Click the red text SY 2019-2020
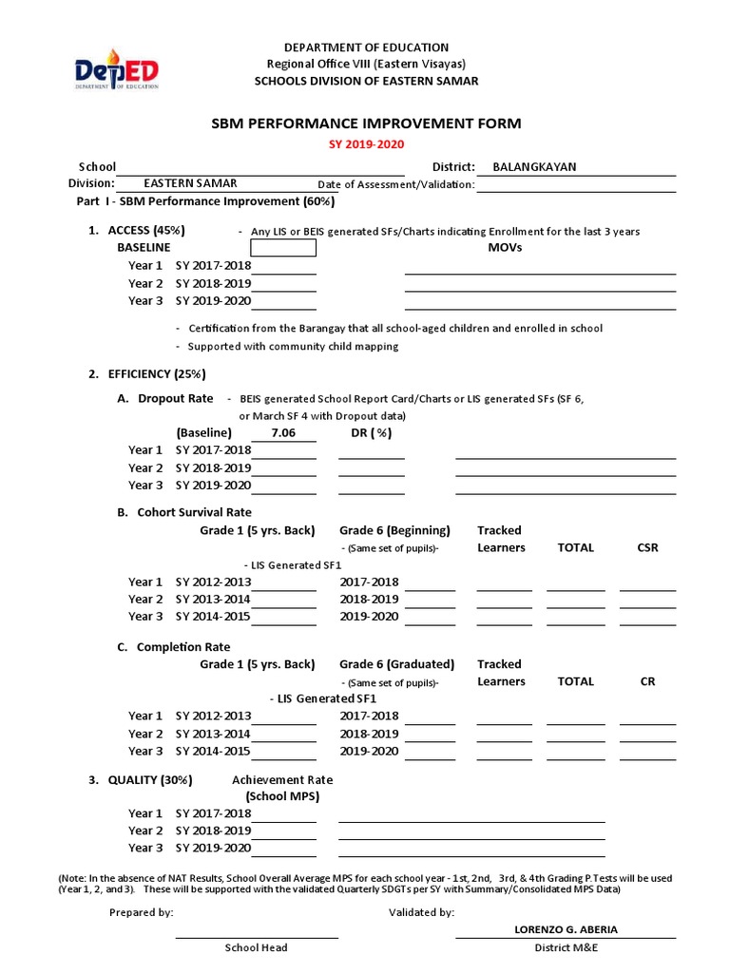point(365,143)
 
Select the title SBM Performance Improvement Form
point(365,124)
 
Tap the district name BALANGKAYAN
point(533,166)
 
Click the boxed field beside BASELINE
point(283,248)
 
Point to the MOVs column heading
point(504,247)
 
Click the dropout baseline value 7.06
point(283,432)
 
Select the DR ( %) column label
point(372,432)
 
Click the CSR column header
point(647,547)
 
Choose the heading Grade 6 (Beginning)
point(394,530)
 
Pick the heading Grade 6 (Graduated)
point(396,664)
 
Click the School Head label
point(256,947)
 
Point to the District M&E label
point(566,947)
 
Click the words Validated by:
point(421,912)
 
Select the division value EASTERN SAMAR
point(190,183)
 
